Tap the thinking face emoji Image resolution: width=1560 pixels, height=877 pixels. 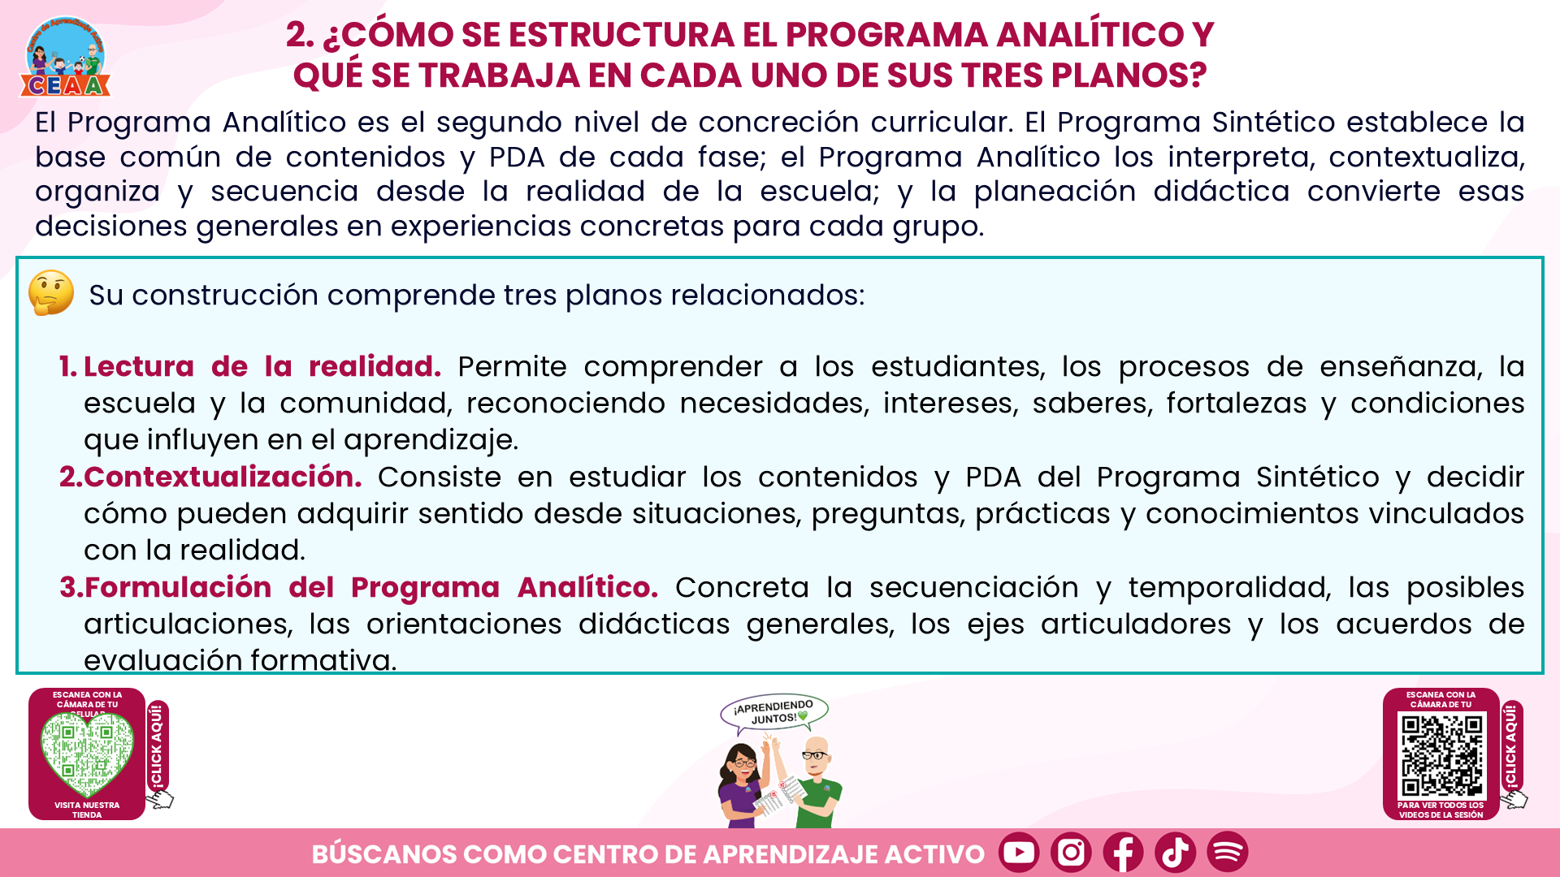click(x=51, y=293)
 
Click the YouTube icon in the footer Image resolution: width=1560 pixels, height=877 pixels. click(x=1019, y=852)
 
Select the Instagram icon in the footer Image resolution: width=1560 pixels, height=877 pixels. click(x=1071, y=852)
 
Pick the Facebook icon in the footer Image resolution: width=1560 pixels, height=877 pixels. click(x=1123, y=852)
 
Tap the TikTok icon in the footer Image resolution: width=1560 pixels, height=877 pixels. click(x=1175, y=852)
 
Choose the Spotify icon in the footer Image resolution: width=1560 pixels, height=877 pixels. click(x=1227, y=852)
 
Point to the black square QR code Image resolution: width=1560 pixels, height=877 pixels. click(x=1441, y=755)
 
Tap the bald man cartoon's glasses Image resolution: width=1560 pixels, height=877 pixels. click(x=815, y=755)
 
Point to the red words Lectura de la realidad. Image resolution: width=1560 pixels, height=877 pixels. click(x=262, y=366)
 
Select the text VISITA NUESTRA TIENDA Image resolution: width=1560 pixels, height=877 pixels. click(x=87, y=810)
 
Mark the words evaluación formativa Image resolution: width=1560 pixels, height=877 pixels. click(x=240, y=660)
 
